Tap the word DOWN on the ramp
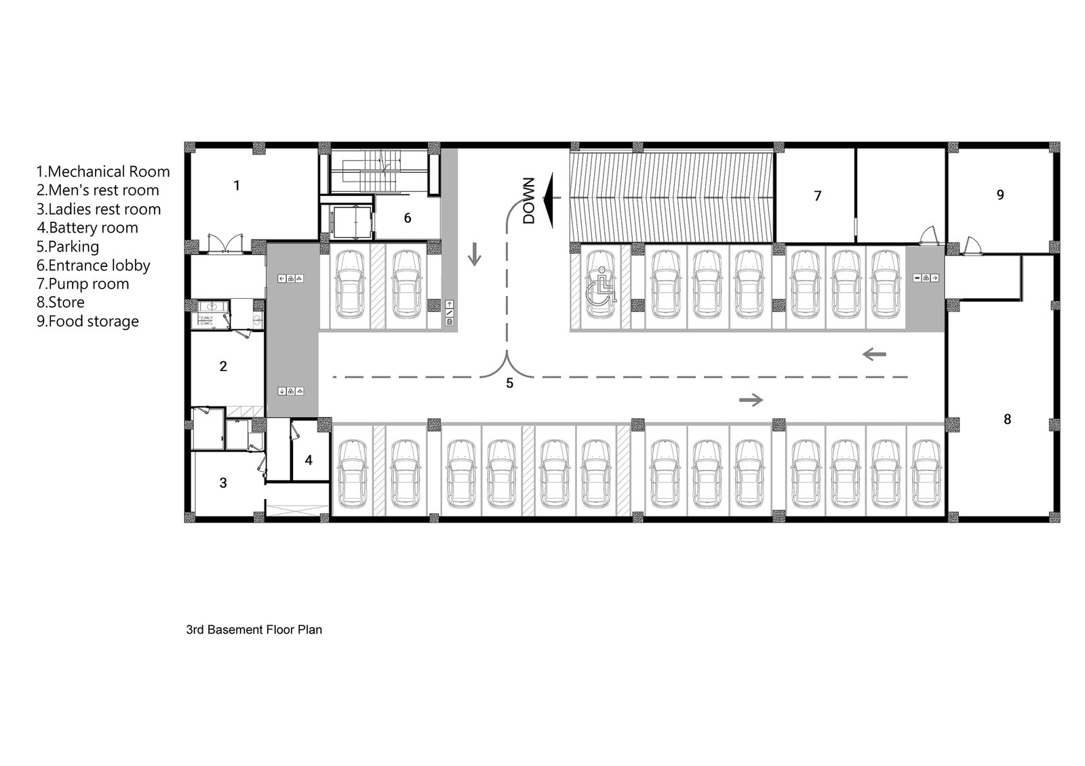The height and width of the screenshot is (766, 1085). (528, 201)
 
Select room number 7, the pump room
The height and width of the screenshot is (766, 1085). (818, 196)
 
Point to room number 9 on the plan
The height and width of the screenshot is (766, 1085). (1000, 195)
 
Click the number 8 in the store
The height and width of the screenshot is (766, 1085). (1008, 419)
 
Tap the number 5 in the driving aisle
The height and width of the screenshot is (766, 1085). (509, 384)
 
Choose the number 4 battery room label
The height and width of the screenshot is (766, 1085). (309, 460)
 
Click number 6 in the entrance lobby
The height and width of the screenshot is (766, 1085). (408, 218)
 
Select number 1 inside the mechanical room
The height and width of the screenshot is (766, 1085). (237, 186)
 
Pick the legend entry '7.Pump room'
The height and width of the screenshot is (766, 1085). (83, 284)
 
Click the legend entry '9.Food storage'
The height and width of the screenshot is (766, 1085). (87, 321)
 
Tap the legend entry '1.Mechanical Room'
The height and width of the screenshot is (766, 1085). (103, 172)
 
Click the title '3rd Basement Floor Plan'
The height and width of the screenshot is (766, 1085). (254, 630)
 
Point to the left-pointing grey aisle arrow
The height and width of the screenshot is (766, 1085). (874, 355)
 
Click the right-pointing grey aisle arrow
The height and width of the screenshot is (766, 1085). (751, 400)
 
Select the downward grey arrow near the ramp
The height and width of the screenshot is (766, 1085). (474, 254)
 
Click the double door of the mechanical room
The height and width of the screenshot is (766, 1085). (225, 243)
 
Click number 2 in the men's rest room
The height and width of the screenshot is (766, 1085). (223, 367)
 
